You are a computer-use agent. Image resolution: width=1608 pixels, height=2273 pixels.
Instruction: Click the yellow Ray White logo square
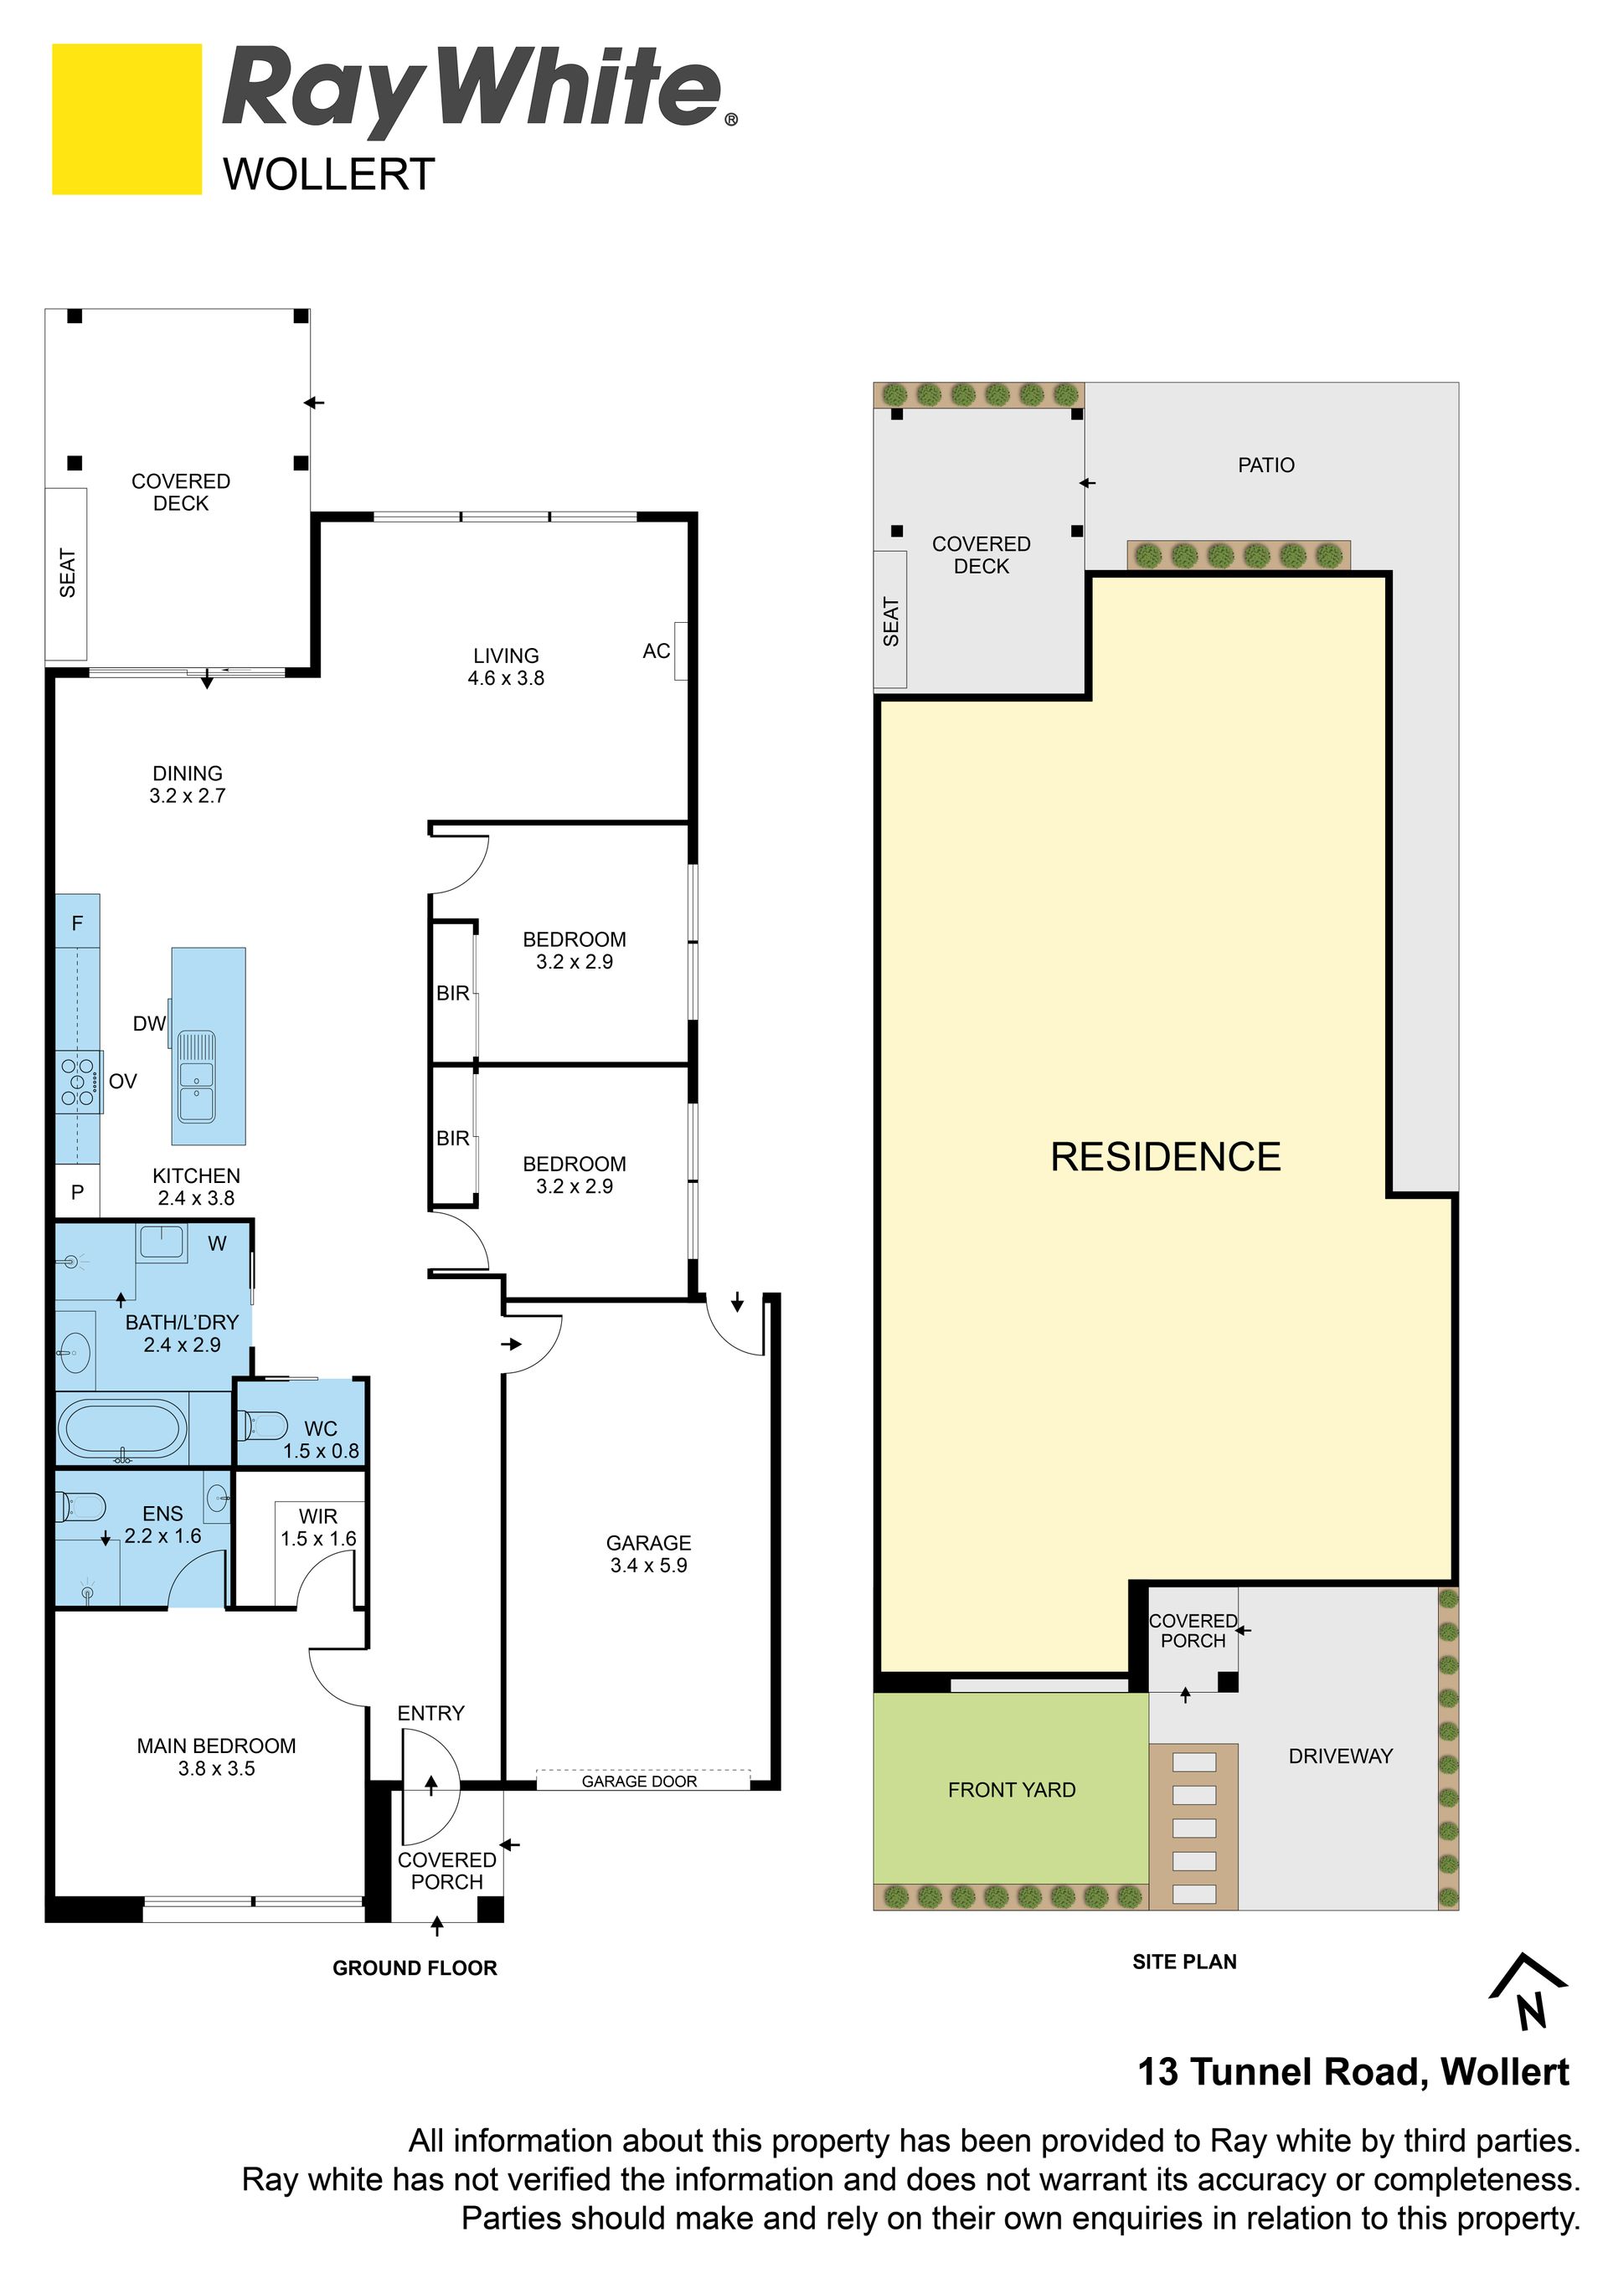point(126,119)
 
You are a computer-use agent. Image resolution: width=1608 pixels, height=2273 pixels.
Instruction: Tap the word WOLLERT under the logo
point(329,175)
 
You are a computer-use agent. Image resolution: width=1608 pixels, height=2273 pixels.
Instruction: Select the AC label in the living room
point(657,651)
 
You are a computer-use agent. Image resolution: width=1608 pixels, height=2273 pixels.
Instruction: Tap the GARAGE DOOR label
point(639,1781)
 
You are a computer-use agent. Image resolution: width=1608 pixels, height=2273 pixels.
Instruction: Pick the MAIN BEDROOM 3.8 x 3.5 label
point(216,1756)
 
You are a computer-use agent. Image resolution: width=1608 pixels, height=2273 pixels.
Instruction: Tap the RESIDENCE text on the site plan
point(1166,1156)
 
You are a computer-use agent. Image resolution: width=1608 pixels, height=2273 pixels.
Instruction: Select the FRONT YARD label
point(1011,1789)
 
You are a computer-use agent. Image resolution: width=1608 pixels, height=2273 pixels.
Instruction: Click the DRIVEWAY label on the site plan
point(1340,1756)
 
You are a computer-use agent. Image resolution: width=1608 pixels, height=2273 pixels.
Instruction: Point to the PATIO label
point(1265,465)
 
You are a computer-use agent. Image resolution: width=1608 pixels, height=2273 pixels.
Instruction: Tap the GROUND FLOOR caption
point(414,1968)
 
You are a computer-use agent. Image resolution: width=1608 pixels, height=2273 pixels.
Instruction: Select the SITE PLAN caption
point(1184,1962)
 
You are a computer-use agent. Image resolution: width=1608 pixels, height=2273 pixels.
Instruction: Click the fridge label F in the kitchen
point(77,923)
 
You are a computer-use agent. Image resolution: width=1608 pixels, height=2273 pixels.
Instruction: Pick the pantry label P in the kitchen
point(77,1193)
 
